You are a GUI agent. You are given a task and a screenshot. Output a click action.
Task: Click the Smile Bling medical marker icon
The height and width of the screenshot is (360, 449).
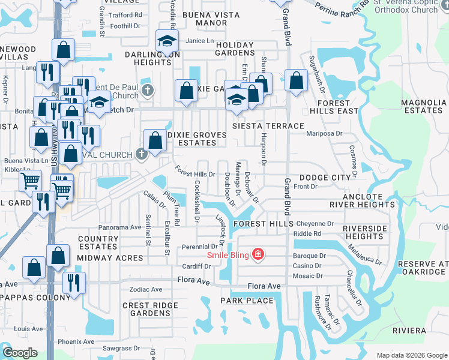(258, 254)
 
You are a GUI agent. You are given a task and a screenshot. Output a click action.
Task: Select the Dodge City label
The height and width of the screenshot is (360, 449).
(325, 178)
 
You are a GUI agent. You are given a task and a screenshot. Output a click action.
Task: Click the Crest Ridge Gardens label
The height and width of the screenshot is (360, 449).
(150, 309)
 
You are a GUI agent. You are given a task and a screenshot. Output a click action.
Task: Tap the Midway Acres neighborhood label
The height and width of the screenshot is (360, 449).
(110, 258)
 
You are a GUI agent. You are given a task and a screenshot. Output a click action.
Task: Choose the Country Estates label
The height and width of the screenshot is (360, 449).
(98, 242)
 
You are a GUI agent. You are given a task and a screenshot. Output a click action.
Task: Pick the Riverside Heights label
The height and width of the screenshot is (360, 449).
(365, 232)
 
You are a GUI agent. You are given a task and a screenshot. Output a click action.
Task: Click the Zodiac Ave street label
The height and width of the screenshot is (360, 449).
(146, 289)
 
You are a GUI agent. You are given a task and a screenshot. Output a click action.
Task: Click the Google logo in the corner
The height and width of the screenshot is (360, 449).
(20, 352)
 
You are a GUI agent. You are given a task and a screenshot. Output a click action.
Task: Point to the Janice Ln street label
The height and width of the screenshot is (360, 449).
(200, 41)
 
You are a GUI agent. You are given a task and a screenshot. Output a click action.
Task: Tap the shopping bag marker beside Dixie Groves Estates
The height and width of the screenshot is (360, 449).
(155, 141)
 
